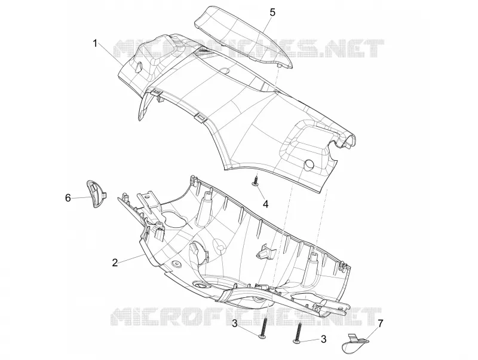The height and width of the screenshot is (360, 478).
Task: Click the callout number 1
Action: [95, 44]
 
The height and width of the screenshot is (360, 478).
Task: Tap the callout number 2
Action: [115, 263]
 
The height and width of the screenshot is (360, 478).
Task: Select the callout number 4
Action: [265, 204]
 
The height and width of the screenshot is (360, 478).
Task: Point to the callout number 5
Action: [272, 13]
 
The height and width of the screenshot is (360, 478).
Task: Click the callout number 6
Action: [68, 198]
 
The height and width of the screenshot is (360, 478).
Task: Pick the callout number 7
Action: [381, 323]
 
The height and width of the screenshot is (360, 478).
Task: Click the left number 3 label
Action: [235, 323]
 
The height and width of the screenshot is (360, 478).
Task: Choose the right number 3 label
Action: [323, 338]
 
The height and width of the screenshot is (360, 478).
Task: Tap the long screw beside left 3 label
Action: [263, 328]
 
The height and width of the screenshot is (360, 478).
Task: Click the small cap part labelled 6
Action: [96, 194]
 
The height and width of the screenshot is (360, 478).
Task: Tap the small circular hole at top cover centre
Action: [225, 70]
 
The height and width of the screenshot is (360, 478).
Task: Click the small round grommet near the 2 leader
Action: [176, 263]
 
